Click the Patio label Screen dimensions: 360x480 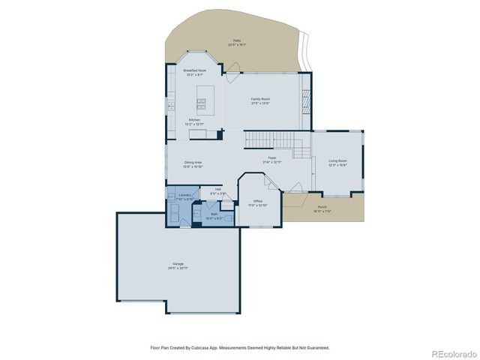[x=237, y=41]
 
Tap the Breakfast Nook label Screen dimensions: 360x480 [x=194, y=73]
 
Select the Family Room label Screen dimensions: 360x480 [x=260, y=100]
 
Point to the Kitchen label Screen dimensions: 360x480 [x=194, y=121]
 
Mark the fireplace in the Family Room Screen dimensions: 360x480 [x=304, y=100]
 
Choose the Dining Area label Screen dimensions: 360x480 [x=193, y=163]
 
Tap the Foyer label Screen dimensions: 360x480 [x=271, y=160]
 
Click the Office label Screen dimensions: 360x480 [x=257, y=202]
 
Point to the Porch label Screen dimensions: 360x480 [x=322, y=209]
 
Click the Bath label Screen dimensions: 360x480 [x=214, y=215]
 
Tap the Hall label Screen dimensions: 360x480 [x=217, y=190]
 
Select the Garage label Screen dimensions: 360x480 [x=178, y=265]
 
